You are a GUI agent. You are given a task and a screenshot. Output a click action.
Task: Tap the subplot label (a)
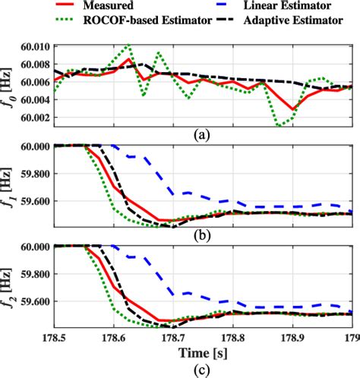click(x=201, y=134)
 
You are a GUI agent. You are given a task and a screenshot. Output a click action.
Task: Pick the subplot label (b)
click(x=201, y=237)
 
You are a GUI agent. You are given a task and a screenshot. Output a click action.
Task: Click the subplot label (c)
click(x=201, y=370)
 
